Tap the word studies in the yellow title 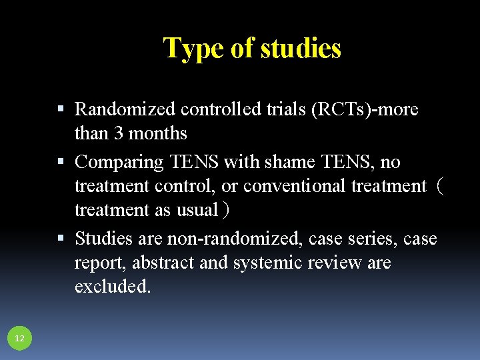(x=301, y=48)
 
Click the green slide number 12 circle (x=19, y=339)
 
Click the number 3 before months (x=119, y=133)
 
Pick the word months (x=158, y=133)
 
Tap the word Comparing (x=119, y=161)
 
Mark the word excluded (x=113, y=287)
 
